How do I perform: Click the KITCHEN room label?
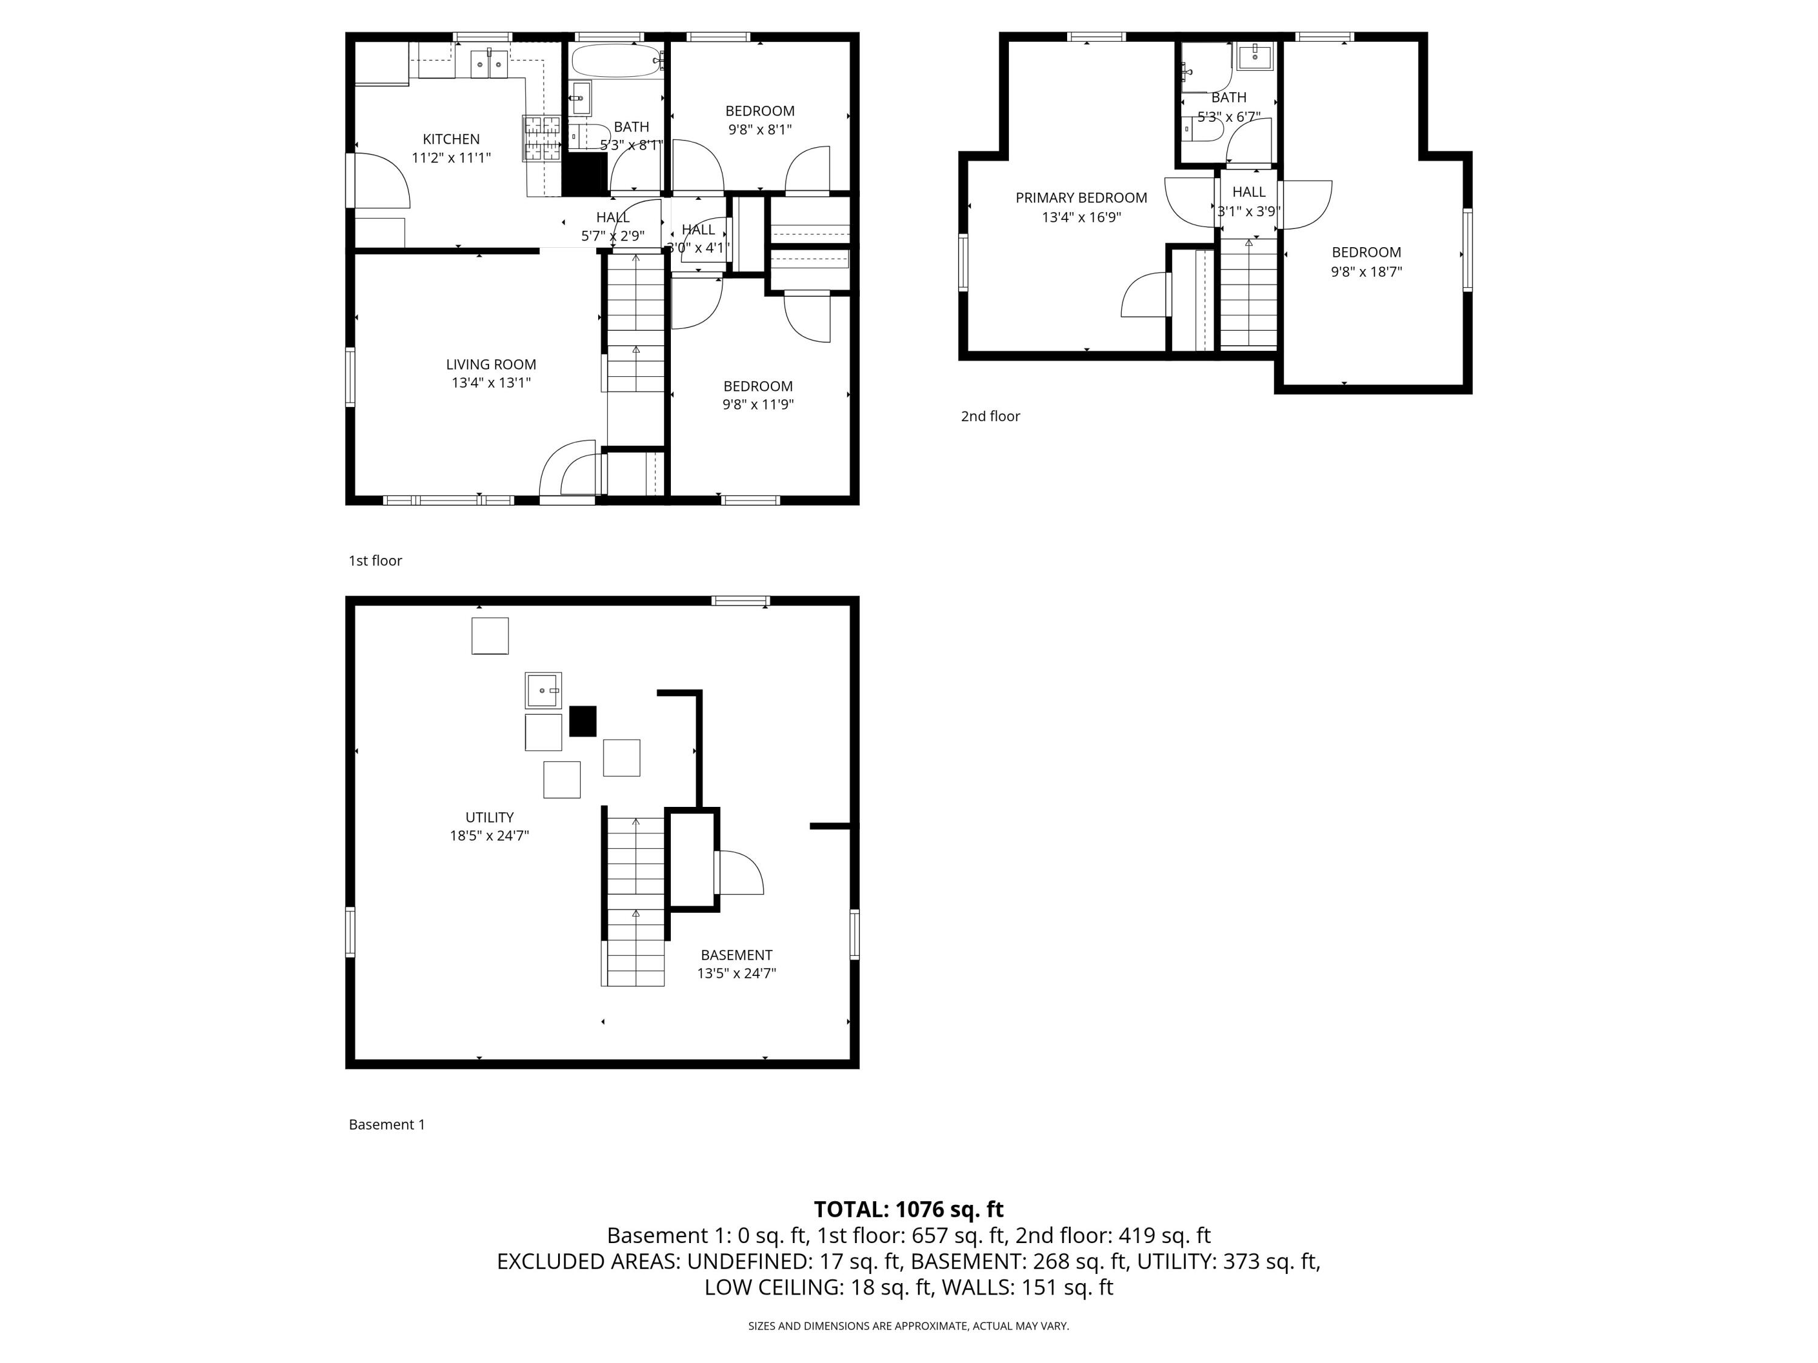click(x=451, y=139)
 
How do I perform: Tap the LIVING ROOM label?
click(x=491, y=364)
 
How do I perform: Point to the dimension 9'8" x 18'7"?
click(x=1366, y=272)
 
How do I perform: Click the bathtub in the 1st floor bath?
click(x=616, y=61)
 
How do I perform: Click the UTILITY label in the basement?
click(x=489, y=817)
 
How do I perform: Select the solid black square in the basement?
click(x=583, y=720)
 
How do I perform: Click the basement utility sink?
click(x=543, y=690)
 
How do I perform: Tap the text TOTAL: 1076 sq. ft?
click(x=908, y=1209)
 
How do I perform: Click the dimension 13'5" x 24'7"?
click(x=736, y=973)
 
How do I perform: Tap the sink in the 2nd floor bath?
click(x=1255, y=58)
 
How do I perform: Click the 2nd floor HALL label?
click(x=1248, y=192)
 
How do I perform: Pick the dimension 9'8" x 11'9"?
click(x=757, y=404)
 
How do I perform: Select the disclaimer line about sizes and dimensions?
click(x=908, y=1325)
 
